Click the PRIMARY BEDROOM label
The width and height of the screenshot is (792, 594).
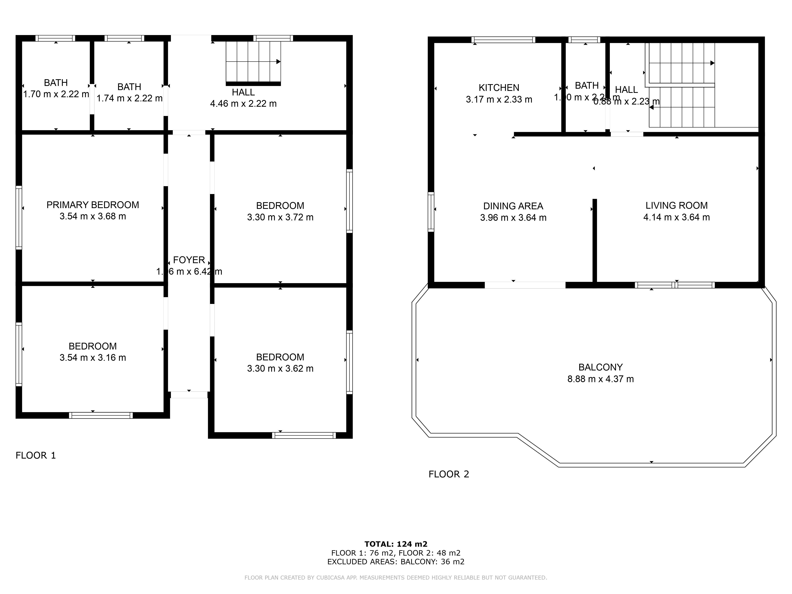point(93,205)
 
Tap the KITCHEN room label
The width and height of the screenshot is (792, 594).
point(499,88)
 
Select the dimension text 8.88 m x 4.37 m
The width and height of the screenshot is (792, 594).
point(601,379)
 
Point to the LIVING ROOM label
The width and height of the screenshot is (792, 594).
point(676,206)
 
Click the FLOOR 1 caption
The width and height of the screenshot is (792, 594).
point(36,455)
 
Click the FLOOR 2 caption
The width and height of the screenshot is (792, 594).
point(449,474)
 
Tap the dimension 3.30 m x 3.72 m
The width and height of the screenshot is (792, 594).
point(280,217)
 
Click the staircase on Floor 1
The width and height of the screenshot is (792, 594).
point(253,63)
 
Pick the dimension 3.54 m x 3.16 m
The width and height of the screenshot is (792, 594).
point(93,358)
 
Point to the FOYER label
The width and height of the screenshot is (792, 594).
point(189,260)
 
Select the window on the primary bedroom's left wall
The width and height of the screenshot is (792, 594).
point(19,217)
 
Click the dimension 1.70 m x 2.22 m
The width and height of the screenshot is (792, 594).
point(56,94)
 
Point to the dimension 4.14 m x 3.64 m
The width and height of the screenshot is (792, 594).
point(676,217)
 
